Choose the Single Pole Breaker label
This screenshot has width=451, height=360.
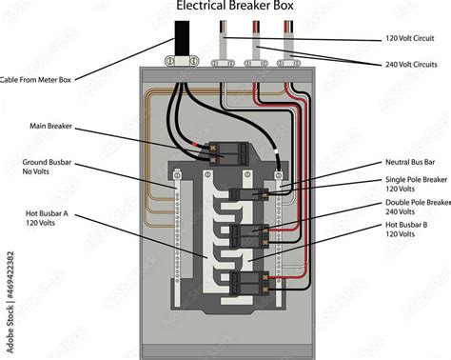point(417,183)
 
